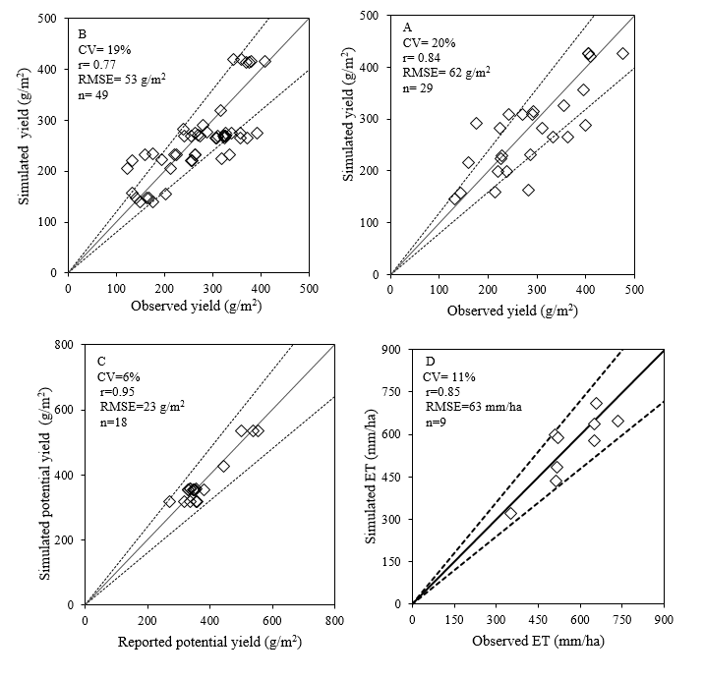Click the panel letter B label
83,29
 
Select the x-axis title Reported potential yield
208,643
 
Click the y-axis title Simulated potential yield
46,475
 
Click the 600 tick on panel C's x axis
271,620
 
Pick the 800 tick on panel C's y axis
68,345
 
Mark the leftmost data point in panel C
170,501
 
